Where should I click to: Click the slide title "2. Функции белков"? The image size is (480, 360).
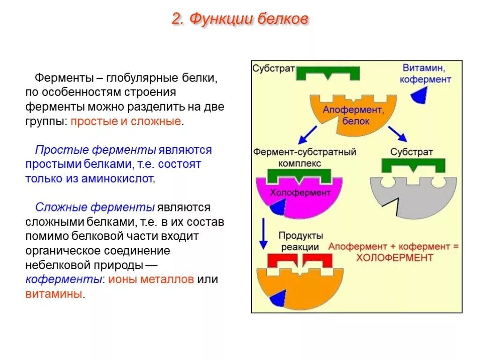[240, 19]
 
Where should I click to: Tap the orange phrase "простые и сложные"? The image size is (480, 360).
[126, 121]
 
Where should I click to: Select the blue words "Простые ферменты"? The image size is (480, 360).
[96, 150]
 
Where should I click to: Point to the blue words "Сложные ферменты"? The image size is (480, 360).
[95, 207]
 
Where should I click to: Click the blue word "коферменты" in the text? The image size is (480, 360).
[64, 280]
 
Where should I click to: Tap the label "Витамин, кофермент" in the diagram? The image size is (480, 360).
[425, 73]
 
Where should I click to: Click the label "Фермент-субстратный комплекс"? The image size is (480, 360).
[305, 157]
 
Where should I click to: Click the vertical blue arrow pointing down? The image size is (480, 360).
[263, 233]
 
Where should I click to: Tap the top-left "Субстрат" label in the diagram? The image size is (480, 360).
[274, 68]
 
